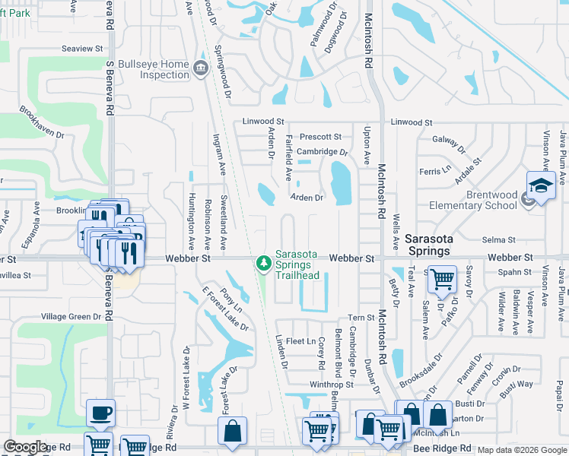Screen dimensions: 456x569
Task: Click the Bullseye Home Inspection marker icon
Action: pyautogui.click(x=201, y=68)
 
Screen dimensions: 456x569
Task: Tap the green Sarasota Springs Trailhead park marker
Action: pyautogui.click(x=264, y=263)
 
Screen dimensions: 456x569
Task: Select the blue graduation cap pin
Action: pyautogui.click(x=541, y=186)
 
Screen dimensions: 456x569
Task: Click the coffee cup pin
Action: pyautogui.click(x=101, y=413)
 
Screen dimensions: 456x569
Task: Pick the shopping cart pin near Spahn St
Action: pyautogui.click(x=441, y=280)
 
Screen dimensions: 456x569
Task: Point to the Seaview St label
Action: pyautogui.click(x=82, y=49)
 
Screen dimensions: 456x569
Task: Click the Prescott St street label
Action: pyautogui.click(x=320, y=137)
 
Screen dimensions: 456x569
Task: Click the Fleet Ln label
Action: pyautogui.click(x=300, y=341)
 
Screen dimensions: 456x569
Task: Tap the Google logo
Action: pyautogui.click(x=25, y=447)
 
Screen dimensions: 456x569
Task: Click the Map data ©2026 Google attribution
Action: pyautogui.click(x=521, y=450)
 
